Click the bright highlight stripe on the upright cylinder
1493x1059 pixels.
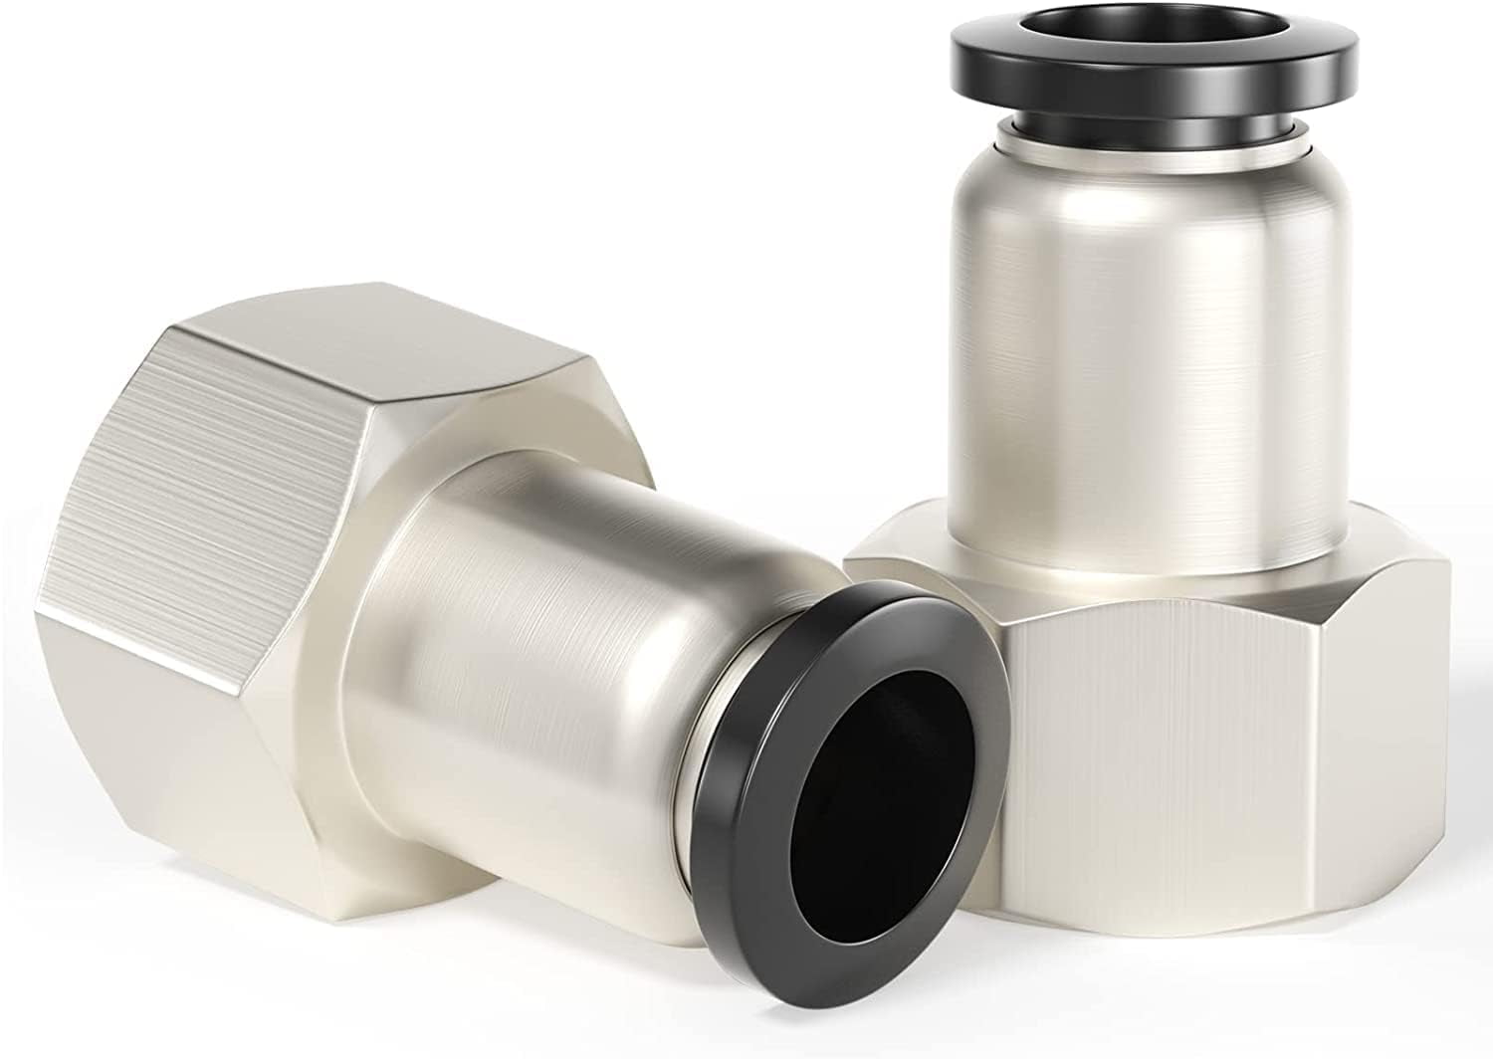(x=1145, y=348)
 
